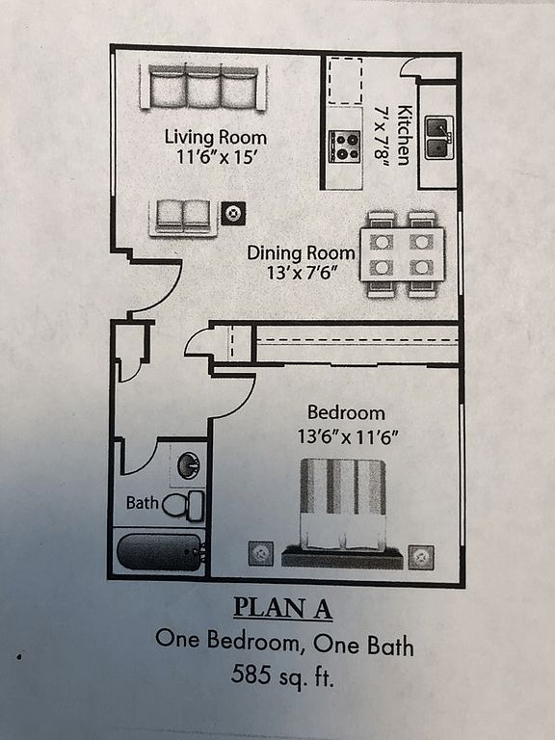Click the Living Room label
click(x=216, y=138)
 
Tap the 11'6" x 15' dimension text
click(x=216, y=156)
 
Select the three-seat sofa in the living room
click(x=203, y=88)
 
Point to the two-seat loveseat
click(x=183, y=217)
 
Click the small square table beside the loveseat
click(x=233, y=213)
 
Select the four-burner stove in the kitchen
click(x=345, y=146)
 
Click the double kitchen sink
click(x=439, y=138)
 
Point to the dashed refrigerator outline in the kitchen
click(x=346, y=80)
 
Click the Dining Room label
click(x=301, y=253)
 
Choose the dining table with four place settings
click(x=402, y=254)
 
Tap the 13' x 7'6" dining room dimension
click(x=303, y=273)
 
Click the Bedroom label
click(x=346, y=412)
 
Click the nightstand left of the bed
click(x=261, y=553)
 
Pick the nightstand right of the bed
click(x=421, y=557)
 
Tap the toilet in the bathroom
click(x=184, y=506)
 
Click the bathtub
click(x=161, y=552)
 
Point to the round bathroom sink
click(x=189, y=465)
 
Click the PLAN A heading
click(x=282, y=608)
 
